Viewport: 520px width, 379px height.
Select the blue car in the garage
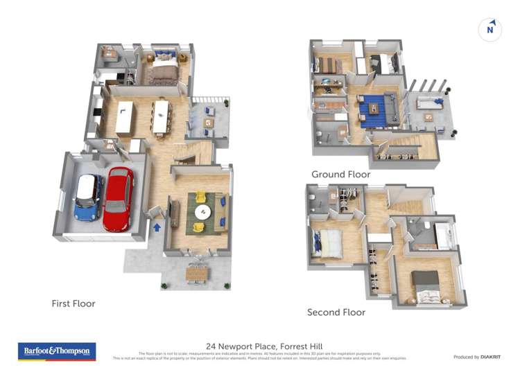tap(88, 197)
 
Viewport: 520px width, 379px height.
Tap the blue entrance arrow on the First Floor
tap(157, 226)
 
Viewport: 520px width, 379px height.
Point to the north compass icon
tap(490, 29)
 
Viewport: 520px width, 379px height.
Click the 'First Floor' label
tap(73, 303)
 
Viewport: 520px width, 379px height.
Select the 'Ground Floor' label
tap(340, 175)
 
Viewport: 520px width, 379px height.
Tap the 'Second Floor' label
tap(336, 312)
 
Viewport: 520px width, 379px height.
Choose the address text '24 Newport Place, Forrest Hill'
tap(264, 346)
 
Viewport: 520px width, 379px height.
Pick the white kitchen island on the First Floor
tap(125, 118)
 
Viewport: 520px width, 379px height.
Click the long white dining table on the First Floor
tap(161, 116)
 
